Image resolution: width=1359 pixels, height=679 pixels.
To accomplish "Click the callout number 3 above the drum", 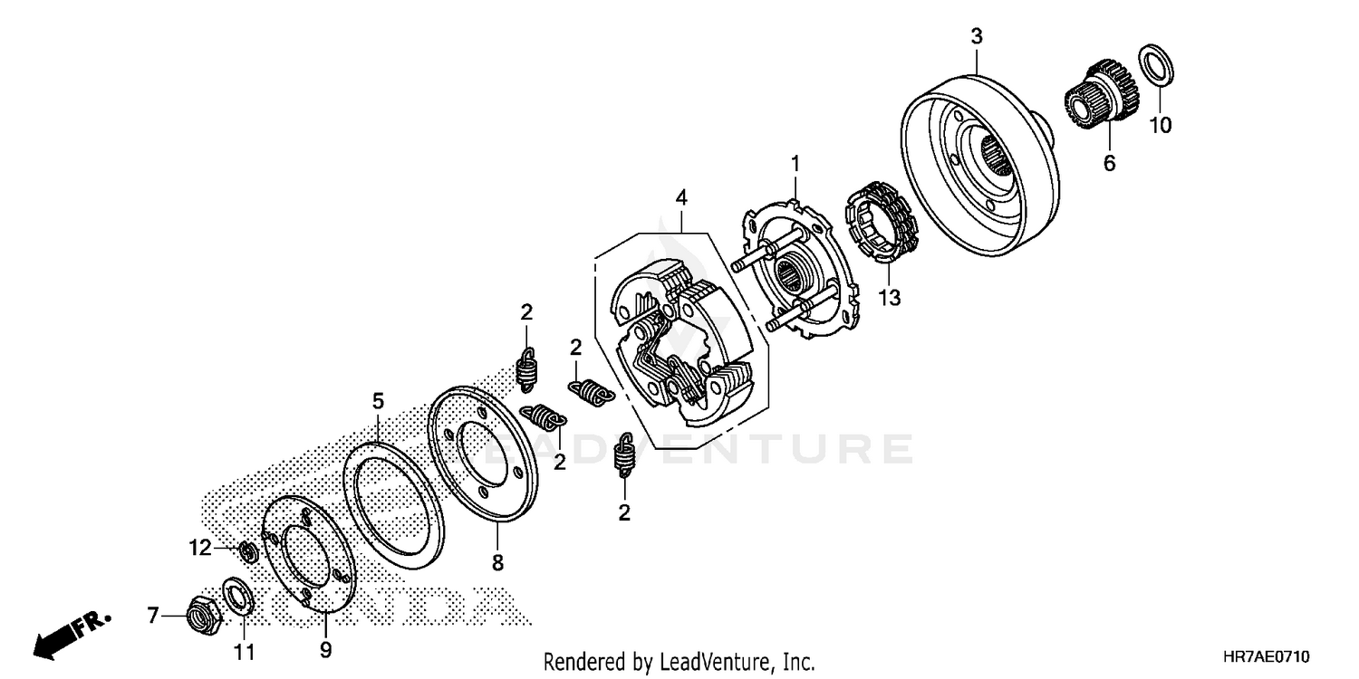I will [x=977, y=36].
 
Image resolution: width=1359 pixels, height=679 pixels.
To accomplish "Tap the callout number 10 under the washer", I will [x=1161, y=125].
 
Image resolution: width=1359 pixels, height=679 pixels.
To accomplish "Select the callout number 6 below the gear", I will [x=1109, y=163].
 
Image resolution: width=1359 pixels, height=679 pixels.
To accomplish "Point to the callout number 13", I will [x=891, y=296].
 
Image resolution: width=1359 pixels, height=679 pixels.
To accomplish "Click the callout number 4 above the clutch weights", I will [x=681, y=196].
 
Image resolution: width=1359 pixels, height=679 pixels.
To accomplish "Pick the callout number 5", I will [x=378, y=399].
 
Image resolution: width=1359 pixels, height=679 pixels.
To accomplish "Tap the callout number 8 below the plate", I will [x=497, y=563].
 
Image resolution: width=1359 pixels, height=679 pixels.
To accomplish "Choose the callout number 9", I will [x=326, y=649].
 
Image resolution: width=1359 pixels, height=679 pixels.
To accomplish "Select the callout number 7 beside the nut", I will [x=153, y=617].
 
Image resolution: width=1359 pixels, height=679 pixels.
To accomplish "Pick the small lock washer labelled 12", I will [x=246, y=550].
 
